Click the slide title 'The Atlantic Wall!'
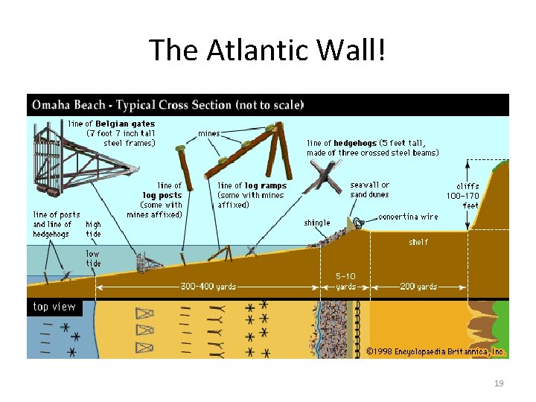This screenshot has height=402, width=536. point(268,50)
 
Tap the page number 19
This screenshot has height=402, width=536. point(499,383)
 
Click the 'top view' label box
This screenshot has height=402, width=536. point(54,307)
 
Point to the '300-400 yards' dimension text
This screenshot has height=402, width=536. point(209,287)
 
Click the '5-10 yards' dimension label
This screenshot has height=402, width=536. point(346,281)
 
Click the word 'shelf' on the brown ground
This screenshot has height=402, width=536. point(418,242)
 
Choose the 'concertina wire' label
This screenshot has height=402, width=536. point(408,217)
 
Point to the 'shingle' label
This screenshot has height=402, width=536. point(317,223)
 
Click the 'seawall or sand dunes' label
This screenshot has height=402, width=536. point(370,190)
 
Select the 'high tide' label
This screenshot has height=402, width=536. point(94,229)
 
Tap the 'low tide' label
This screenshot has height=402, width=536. point(93,258)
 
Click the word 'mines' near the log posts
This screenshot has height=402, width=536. point(209,134)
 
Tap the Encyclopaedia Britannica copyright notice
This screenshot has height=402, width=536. point(436,350)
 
